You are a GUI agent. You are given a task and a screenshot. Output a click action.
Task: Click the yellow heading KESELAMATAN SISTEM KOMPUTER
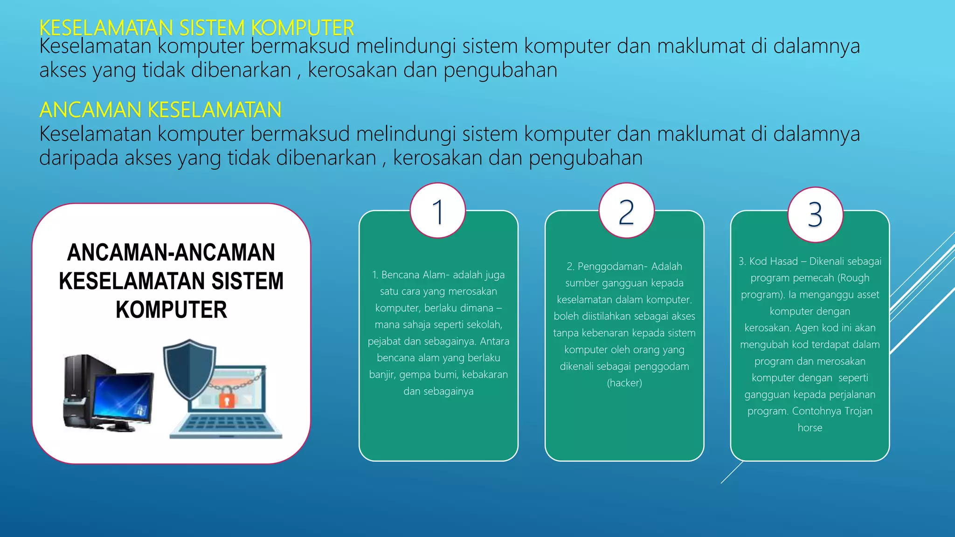pyautogui.click(x=196, y=28)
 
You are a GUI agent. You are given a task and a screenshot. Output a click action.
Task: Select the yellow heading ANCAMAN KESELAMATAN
pyautogui.click(x=160, y=110)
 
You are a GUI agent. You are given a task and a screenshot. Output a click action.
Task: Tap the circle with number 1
pyautogui.click(x=438, y=211)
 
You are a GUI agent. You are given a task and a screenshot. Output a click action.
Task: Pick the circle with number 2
pyautogui.click(x=626, y=211)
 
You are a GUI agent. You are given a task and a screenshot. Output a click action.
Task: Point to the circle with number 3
pyautogui.click(x=815, y=215)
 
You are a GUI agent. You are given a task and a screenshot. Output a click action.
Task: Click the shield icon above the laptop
pyautogui.click(x=189, y=368)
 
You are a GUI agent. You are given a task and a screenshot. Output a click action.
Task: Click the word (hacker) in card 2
pyautogui.click(x=624, y=383)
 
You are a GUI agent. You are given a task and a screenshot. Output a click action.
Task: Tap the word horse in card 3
pyautogui.click(x=810, y=428)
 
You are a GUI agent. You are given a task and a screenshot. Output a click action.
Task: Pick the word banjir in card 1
pyautogui.click(x=381, y=375)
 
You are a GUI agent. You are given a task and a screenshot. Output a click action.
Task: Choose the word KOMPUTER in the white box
pyautogui.click(x=171, y=310)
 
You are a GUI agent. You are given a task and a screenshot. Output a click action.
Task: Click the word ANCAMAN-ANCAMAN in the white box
pyautogui.click(x=171, y=253)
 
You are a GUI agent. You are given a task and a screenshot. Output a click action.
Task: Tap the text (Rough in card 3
pyautogui.click(x=853, y=278)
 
